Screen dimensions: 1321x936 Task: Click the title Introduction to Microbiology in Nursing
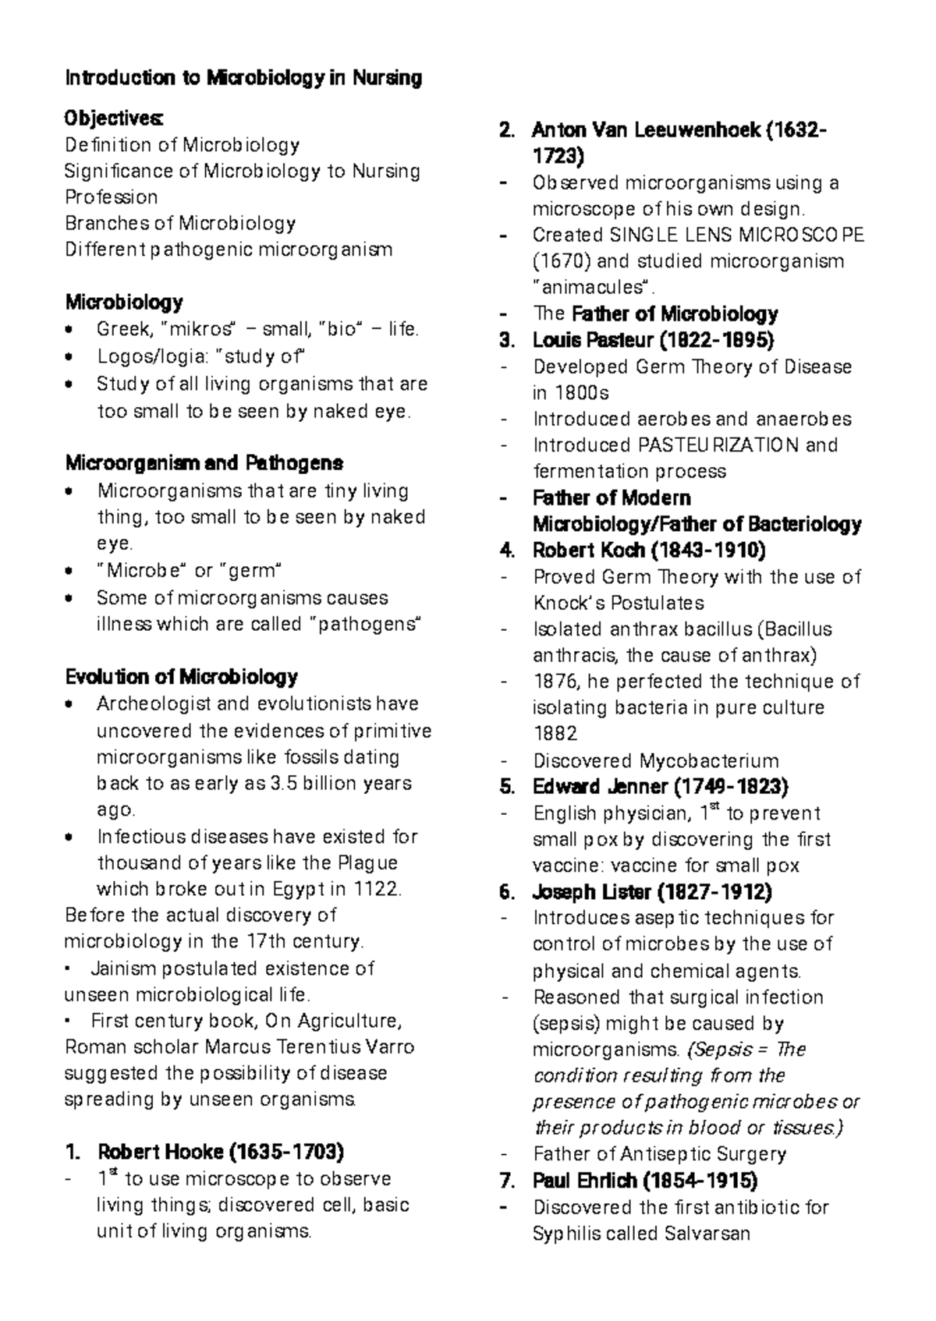[243, 78]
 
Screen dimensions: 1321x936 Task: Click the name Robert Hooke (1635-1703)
[221, 1152]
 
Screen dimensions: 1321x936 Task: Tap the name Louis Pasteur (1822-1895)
[653, 340]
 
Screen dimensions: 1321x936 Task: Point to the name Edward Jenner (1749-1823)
[660, 786]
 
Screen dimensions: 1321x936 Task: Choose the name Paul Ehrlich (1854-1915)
[645, 1180]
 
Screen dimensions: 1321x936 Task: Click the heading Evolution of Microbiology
[182, 676]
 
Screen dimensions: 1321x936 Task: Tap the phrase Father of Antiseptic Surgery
[659, 1153]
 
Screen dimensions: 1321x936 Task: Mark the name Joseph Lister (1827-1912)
[652, 891]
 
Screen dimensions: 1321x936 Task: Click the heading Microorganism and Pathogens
[204, 463]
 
